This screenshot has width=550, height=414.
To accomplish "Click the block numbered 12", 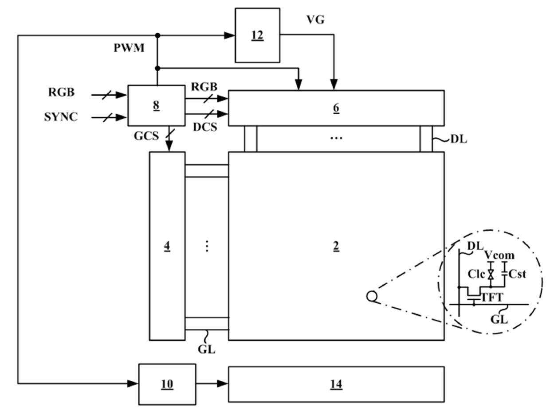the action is [257, 35].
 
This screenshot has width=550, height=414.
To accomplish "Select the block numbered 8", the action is [157, 105].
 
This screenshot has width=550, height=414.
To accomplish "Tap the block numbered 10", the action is [167, 384].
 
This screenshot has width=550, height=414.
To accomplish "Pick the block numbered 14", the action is [336, 384].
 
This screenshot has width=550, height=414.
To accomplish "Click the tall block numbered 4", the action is [167, 246].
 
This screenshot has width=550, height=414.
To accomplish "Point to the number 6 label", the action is [336, 108].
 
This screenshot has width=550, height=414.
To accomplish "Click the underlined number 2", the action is [336, 246].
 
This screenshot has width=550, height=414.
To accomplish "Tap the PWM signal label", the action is [129, 48].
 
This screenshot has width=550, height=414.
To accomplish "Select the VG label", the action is [315, 20].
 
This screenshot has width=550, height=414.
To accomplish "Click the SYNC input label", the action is [61, 117].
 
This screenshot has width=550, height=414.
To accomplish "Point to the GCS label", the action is [146, 136].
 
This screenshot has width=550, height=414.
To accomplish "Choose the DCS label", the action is [205, 127].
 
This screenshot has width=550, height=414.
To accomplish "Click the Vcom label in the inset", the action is [499, 255].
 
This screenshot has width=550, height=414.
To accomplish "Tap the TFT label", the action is [492, 298].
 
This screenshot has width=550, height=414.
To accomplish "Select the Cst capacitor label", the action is [517, 275].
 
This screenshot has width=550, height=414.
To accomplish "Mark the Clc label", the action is [476, 274].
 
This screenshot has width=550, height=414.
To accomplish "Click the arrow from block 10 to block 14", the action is [212, 383].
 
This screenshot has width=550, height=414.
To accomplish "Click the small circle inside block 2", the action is [372, 296].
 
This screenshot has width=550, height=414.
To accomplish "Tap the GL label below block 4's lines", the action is [206, 349].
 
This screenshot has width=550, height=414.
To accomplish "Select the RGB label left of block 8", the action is [61, 92].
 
